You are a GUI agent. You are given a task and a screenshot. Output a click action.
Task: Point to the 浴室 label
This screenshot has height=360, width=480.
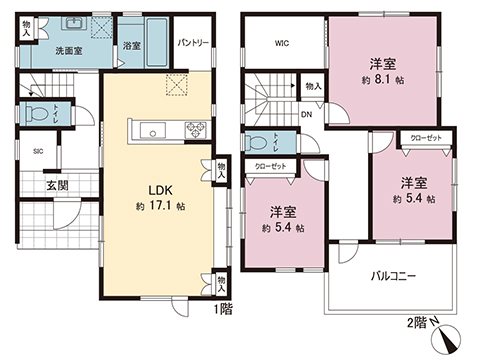pyautogui.click(x=131, y=46)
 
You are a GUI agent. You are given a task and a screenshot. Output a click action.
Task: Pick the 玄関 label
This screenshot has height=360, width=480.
pyautogui.click(x=55, y=185)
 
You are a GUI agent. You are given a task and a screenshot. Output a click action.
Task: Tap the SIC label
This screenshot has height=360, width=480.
pyautogui.click(x=37, y=151)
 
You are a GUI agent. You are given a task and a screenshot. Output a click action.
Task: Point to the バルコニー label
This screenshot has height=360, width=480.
pyautogui.click(x=393, y=273)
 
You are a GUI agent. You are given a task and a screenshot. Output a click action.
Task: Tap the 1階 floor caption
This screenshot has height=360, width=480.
pyautogui.click(x=222, y=310)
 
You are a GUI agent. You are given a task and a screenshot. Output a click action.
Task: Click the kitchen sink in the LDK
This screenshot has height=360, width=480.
pyautogui.click(x=154, y=128)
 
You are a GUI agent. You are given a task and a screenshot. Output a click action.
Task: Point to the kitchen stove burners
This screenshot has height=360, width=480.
pyautogui.click(x=192, y=128)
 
